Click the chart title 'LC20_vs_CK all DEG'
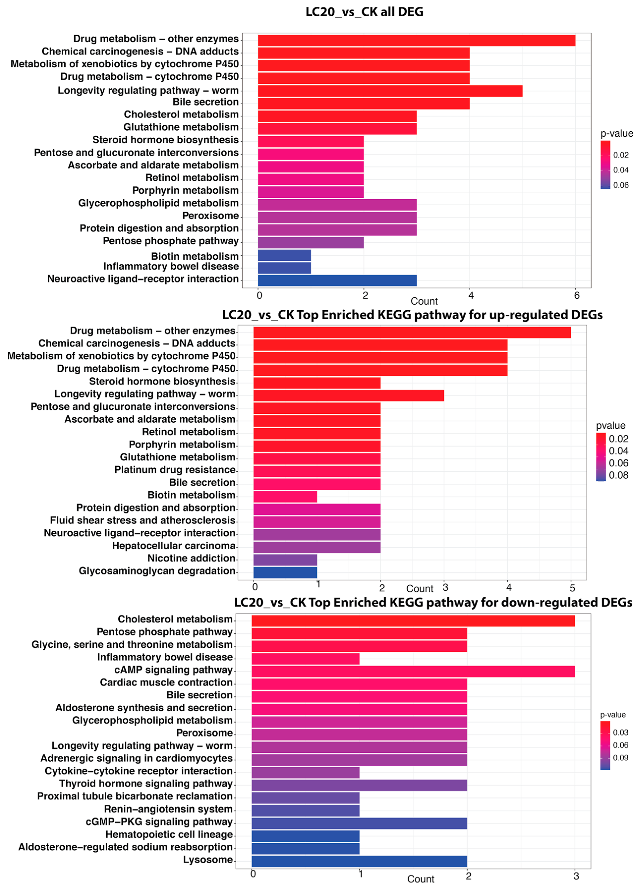click(x=364, y=12)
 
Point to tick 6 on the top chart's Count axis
click(x=577, y=295)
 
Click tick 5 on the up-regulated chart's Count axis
click(x=572, y=587)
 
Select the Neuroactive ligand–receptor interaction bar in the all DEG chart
click(x=337, y=280)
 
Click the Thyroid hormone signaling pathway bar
click(x=359, y=785)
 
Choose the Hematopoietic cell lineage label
click(x=169, y=834)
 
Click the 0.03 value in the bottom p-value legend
click(x=621, y=732)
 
